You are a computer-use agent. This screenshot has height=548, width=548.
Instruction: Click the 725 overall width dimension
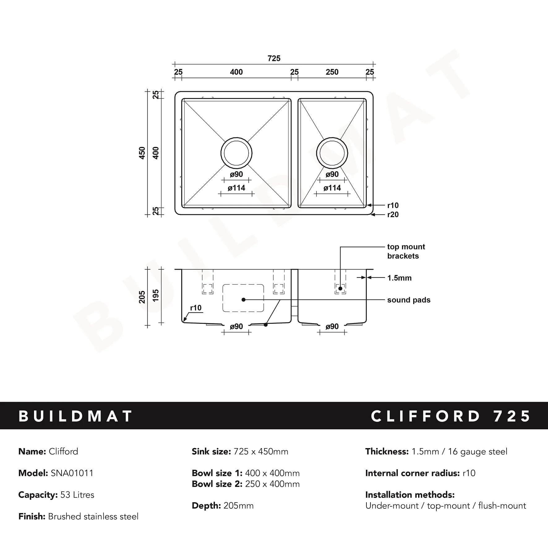pyautogui.click(x=274, y=58)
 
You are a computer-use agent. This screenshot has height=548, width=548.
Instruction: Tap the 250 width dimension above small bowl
pyautogui.click(x=332, y=72)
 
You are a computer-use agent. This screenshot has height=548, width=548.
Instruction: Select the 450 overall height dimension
pyautogui.click(x=142, y=153)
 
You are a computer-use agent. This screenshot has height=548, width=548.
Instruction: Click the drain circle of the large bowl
pyautogui.click(x=236, y=153)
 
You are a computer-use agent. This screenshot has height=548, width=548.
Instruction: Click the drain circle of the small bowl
pyautogui.click(x=332, y=153)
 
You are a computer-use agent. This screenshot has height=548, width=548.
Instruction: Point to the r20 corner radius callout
pyautogui.click(x=393, y=215)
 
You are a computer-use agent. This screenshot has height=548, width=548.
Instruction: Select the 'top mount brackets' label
pyautogui.click(x=406, y=251)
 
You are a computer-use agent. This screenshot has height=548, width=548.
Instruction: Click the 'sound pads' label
pyautogui.click(x=409, y=300)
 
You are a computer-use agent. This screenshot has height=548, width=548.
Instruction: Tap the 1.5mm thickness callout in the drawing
pyautogui.click(x=399, y=278)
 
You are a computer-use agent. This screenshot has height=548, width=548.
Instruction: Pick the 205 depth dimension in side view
pyautogui.click(x=142, y=297)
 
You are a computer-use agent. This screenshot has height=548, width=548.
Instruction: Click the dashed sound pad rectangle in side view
pyautogui.click(x=243, y=298)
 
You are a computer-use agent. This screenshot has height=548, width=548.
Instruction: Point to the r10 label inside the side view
pyautogui.click(x=196, y=308)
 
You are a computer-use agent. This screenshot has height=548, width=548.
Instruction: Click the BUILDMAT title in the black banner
pyautogui.click(x=76, y=416)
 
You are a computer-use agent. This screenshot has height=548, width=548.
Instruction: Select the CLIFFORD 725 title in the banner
pyautogui.click(x=450, y=416)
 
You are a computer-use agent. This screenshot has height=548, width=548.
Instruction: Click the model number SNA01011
pyautogui.click(x=72, y=473)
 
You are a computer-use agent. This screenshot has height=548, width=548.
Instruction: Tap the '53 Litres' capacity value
pyautogui.click(x=77, y=495)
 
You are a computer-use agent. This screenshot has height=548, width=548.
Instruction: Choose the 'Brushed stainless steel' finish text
pyautogui.click(x=93, y=516)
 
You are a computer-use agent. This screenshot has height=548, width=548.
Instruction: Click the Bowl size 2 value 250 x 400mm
pyautogui.click(x=272, y=484)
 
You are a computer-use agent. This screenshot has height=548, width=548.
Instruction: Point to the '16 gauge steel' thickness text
pyautogui.click(x=477, y=452)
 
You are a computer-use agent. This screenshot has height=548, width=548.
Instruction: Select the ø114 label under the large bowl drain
pyautogui.click(x=236, y=188)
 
